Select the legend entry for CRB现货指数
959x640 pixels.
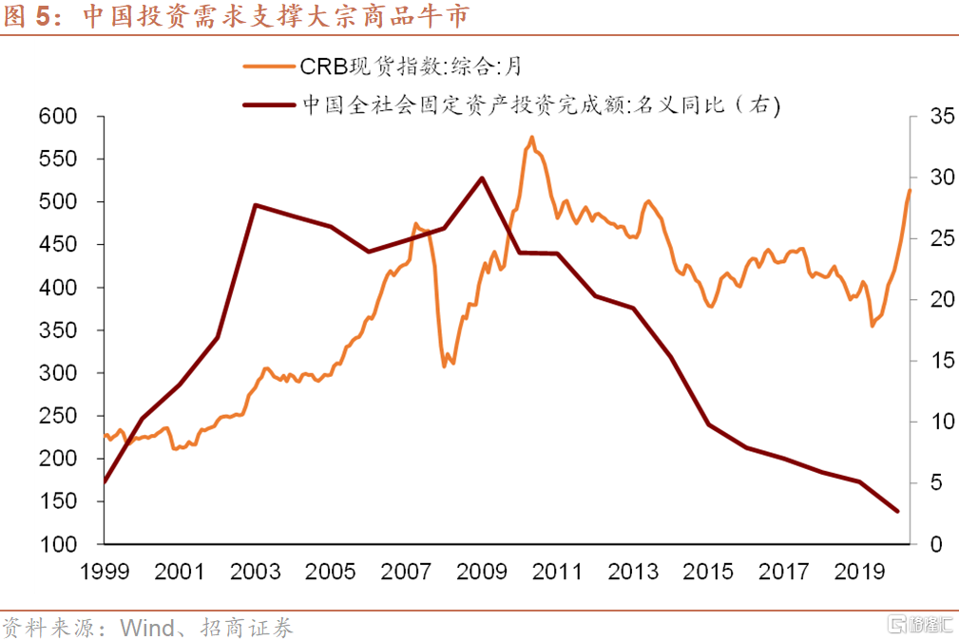pos(409,66)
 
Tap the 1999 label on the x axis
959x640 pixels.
pos(104,572)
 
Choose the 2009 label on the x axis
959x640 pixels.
pos(482,572)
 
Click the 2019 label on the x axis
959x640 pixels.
pos(859,572)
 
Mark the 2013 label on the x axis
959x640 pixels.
pos(633,572)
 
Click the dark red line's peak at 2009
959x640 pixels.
pos(482,178)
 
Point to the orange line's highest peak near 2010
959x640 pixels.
pos(531,137)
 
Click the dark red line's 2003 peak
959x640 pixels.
pos(255,204)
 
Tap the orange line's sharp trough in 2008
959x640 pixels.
pos(445,366)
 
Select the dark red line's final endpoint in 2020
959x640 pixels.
pos(897,511)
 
